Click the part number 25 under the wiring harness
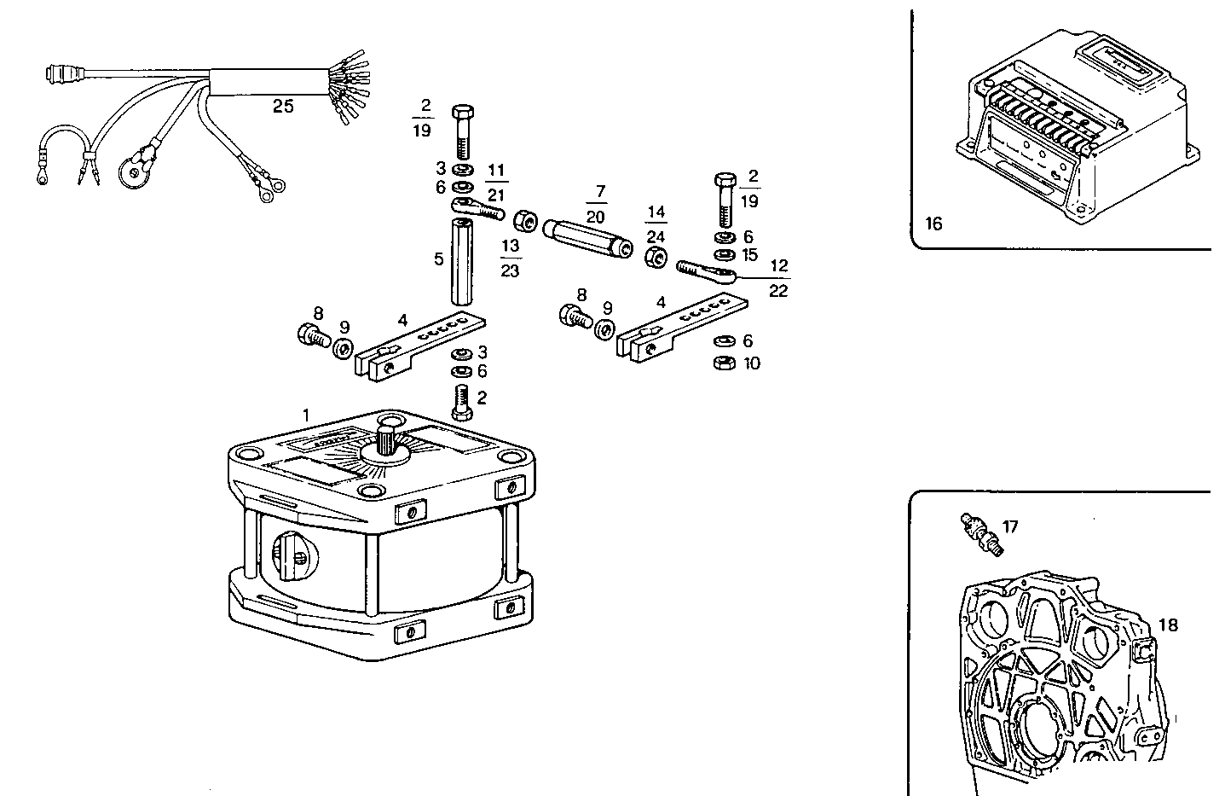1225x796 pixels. pyautogui.click(x=283, y=107)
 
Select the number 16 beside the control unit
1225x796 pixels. pyautogui.click(x=933, y=224)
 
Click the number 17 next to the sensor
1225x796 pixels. pyautogui.click(x=1010, y=526)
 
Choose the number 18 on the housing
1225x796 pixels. pyautogui.click(x=1167, y=625)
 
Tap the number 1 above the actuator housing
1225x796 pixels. pyautogui.click(x=306, y=414)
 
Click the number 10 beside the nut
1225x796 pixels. pyautogui.click(x=751, y=363)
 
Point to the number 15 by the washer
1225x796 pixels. pyautogui.click(x=750, y=255)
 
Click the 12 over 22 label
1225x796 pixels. pyautogui.click(x=777, y=278)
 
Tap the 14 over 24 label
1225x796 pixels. pyautogui.click(x=656, y=223)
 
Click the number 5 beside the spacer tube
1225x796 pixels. pyautogui.click(x=438, y=259)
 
